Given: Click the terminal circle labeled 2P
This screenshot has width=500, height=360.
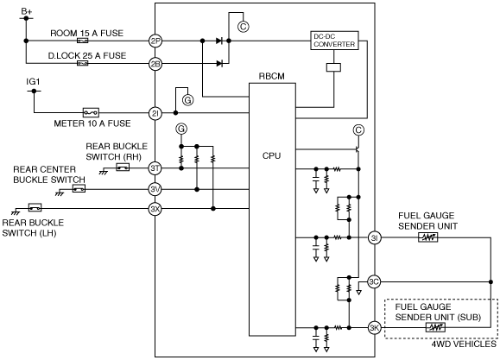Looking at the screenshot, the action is (155, 41).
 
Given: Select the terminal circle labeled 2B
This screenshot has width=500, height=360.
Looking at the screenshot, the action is (155, 64).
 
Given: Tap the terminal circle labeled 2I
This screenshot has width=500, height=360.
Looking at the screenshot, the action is (155, 113).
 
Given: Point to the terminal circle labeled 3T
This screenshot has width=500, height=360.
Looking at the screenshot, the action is (155, 168).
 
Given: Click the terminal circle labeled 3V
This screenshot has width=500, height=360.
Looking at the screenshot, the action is (155, 189).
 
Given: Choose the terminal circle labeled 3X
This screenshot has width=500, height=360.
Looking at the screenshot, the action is (155, 209).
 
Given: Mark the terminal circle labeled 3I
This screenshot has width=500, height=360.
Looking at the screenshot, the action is (375, 237).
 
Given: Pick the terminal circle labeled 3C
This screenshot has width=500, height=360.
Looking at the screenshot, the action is (374, 282).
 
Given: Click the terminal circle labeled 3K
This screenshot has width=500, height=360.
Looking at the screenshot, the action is (375, 327).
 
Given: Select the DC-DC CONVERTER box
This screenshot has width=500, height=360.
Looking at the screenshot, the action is (334, 41).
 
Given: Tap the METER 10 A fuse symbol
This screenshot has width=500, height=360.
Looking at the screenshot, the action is (91, 112).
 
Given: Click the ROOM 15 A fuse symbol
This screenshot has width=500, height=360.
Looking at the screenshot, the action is (83, 41).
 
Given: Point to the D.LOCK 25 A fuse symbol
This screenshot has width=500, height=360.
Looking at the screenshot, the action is (83, 64).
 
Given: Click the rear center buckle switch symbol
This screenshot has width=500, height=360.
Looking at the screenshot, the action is (79, 189).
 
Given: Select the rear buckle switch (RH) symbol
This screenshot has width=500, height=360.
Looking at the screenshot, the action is (123, 167).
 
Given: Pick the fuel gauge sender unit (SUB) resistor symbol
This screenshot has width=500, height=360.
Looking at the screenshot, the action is (435, 327).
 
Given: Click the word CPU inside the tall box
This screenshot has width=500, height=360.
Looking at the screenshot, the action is (272, 155).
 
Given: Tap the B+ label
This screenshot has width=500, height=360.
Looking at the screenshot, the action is (27, 11).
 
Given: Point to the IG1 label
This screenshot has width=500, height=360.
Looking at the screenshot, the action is (33, 82).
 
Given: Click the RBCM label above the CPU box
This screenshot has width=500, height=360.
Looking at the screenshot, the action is (272, 77).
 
